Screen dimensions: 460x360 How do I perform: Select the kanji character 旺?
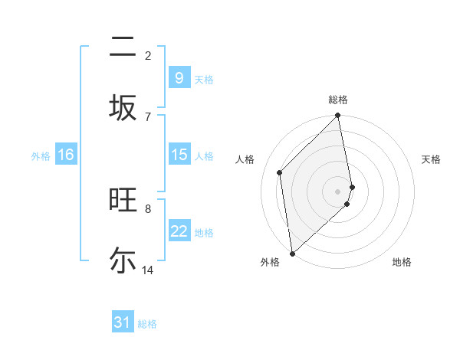point(123,200)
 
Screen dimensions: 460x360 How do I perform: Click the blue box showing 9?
point(179,78)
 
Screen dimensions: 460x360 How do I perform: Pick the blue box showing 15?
point(179,155)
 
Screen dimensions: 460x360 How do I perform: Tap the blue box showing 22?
point(179,231)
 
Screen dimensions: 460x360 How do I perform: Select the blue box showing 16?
point(66,155)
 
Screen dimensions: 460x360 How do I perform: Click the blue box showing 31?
point(123,322)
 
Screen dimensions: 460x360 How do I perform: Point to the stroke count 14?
point(148,270)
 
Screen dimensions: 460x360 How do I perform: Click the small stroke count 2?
point(148,56)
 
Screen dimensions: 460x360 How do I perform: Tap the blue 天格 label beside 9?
point(204,79)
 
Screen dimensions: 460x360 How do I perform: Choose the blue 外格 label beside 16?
point(41,155)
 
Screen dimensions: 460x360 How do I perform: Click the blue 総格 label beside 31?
point(147,324)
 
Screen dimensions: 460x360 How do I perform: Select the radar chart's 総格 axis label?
point(338,100)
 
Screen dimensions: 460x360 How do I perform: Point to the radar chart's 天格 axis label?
point(432,159)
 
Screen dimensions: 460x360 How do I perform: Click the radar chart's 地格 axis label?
point(402,262)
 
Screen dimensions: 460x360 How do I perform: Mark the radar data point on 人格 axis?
point(280,172)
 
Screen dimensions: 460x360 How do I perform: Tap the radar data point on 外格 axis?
point(292,253)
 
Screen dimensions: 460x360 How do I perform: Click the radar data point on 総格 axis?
point(338,116)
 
